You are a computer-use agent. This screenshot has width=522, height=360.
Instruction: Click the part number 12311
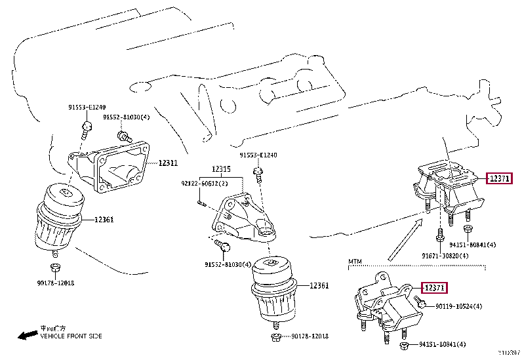169,162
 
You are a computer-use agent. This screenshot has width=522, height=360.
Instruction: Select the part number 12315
221,169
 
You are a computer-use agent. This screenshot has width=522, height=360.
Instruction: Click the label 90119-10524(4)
458,306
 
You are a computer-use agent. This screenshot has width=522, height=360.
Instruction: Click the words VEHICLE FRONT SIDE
71,336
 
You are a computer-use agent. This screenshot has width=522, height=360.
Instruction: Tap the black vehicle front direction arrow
26,336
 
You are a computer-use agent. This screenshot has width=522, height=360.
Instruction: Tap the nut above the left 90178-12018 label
56,267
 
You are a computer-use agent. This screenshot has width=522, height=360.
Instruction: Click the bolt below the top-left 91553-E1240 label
85,131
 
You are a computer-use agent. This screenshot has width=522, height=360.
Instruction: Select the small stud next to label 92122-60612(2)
202,202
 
